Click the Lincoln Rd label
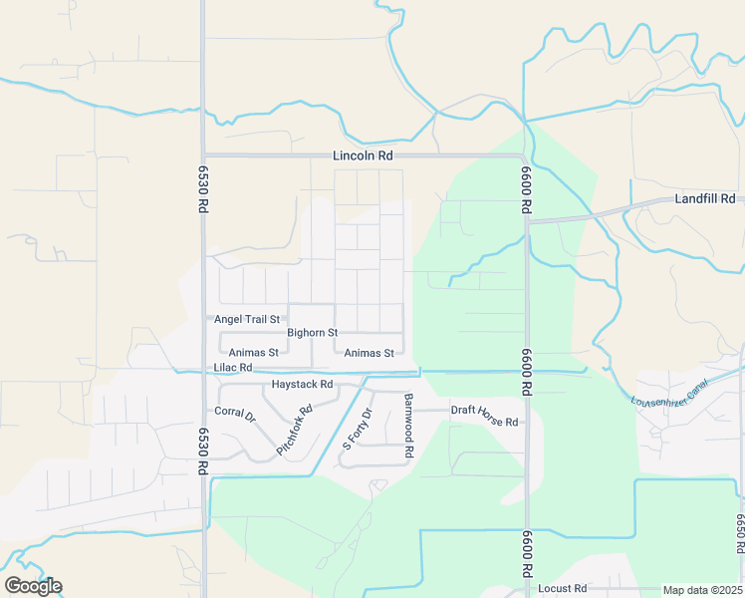(364, 156)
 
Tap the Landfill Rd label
(704, 198)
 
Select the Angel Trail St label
(248, 319)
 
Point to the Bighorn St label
(313, 332)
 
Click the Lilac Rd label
(234, 368)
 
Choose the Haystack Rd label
(301, 384)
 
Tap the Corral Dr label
(236, 413)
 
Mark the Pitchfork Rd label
(295, 431)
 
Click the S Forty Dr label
(357, 428)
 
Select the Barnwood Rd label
(408, 426)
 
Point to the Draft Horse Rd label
(485, 422)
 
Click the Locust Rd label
(566, 589)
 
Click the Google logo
(33, 585)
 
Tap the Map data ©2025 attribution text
(702, 590)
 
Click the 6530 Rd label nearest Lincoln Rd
(202, 188)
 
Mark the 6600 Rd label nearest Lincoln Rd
(525, 188)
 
